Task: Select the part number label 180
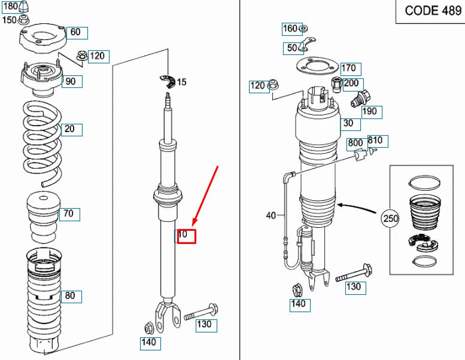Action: pyautogui.click(x=10, y=7)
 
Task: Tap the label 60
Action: pyautogui.click(x=75, y=32)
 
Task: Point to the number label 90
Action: pyautogui.click(x=70, y=81)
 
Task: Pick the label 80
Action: pyautogui.click(x=70, y=295)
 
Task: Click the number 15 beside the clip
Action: pyautogui.click(x=182, y=82)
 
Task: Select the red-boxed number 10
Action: pyautogui.click(x=184, y=235)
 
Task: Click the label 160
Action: pyautogui.click(x=290, y=29)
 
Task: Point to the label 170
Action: pyautogui.click(x=348, y=68)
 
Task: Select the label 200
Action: pyautogui.click(x=351, y=84)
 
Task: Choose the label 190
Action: pyautogui.click(x=370, y=111)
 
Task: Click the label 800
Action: pyautogui.click(x=355, y=143)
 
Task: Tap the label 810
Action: pyautogui.click(x=376, y=142)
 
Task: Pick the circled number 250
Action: pyautogui.click(x=390, y=219)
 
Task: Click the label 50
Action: pyautogui.click(x=292, y=48)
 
